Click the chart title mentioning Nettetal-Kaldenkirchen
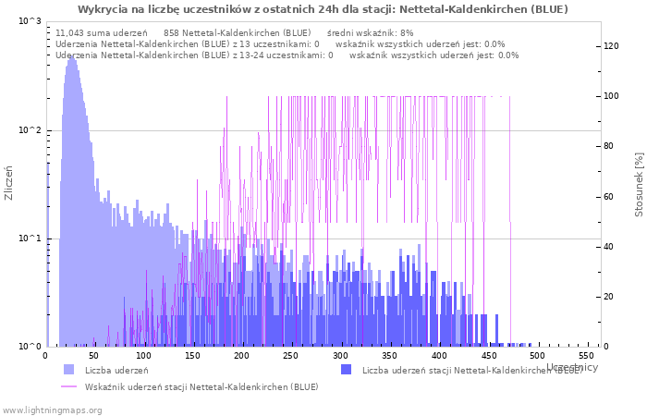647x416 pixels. (323, 9)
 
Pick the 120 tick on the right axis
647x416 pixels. (611, 46)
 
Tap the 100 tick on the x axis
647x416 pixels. (143, 356)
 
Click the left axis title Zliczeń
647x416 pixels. (9, 183)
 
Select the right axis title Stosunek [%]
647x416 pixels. (638, 183)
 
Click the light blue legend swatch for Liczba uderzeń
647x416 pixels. (69, 370)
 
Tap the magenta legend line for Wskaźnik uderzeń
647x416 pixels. (69, 386)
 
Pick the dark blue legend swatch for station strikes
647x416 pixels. (347, 370)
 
